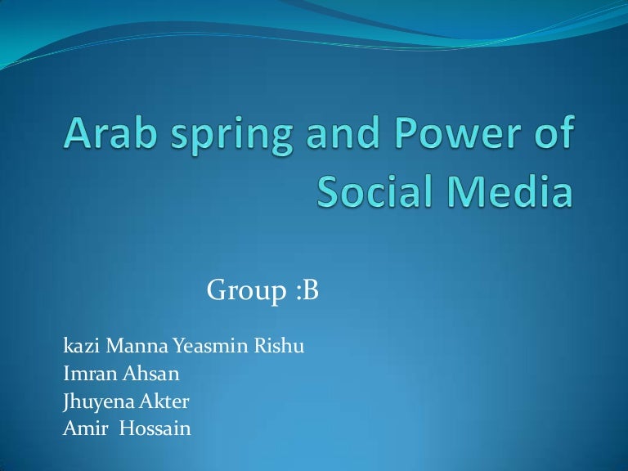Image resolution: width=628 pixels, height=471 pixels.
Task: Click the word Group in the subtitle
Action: [244, 290]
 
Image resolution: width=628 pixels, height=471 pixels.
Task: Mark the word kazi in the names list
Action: [79, 347]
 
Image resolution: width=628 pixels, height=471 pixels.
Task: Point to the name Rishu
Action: [281, 347]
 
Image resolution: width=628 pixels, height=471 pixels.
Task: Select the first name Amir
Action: [82, 428]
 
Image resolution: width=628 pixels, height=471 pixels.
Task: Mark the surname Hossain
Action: [155, 428]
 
